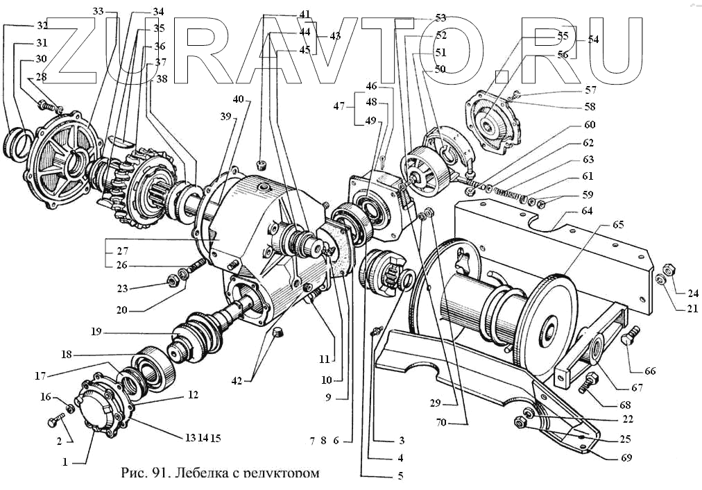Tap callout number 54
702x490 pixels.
click(592, 40)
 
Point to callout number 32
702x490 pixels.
click(42, 26)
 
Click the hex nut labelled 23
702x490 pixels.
click(171, 281)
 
